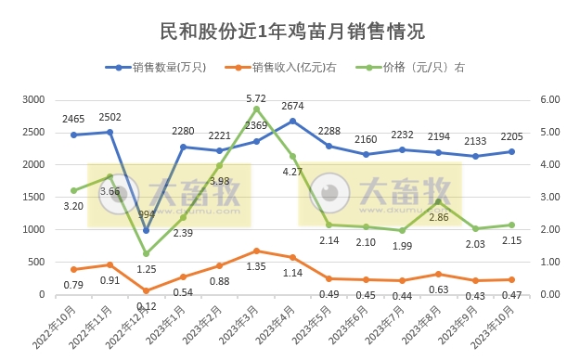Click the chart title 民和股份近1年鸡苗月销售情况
pos(290,31)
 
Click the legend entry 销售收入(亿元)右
pos(284,68)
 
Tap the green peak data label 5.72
pos(256,97)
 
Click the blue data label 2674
pos(292,107)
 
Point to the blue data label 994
pos(147,214)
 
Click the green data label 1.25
pos(146,269)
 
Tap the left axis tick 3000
pos(33,99)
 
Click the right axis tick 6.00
pos(549,99)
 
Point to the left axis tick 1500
pos(33,197)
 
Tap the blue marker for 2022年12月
pos(146,230)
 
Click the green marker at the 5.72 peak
pos(256,109)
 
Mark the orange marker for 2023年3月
pos(256,251)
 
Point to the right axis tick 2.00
pos(549,229)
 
